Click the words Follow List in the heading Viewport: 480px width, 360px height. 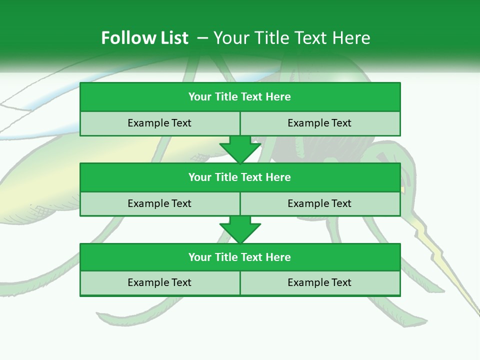144,38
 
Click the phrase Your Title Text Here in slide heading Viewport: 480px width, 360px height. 291,38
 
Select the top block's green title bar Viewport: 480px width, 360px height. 240,97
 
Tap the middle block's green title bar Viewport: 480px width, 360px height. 240,177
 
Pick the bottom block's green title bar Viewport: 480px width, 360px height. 240,257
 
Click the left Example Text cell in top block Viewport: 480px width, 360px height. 159,123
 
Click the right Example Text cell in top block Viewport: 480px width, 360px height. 319,123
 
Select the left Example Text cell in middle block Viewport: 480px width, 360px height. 159,203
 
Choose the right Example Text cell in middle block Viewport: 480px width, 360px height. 319,203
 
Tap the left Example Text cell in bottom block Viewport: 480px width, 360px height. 159,282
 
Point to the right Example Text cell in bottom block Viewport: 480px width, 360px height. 319,282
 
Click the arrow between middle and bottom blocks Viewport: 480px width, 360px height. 240,229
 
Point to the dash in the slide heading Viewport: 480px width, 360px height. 202,38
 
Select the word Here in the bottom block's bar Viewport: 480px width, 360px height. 278,257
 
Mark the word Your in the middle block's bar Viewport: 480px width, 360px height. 199,177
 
